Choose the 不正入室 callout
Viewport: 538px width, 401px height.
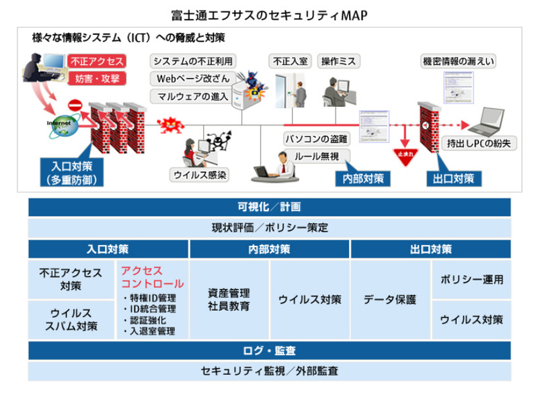290,61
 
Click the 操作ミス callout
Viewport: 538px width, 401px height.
338,61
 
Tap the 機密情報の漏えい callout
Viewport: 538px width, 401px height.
459,61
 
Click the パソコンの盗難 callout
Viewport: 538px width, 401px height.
315,139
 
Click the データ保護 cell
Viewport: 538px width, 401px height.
389,300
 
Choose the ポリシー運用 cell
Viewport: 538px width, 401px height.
471,279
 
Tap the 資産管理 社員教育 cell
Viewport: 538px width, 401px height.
229,300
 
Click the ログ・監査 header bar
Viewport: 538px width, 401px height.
269,351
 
